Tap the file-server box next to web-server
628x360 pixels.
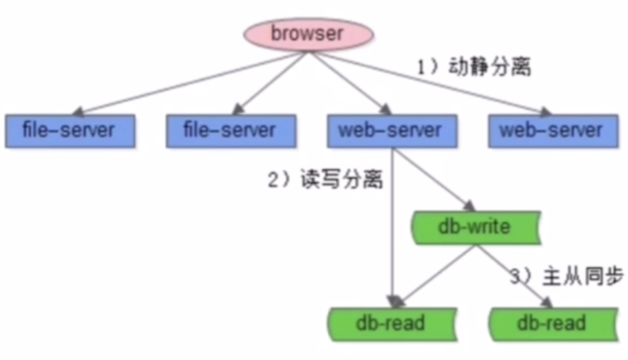point(231,130)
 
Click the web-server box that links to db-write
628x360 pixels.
point(391,130)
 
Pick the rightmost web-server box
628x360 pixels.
point(551,130)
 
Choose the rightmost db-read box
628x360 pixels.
point(553,323)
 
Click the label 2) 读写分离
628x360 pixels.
point(325,180)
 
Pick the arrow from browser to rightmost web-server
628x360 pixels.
point(432,84)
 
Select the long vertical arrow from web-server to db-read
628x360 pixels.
point(392,224)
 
